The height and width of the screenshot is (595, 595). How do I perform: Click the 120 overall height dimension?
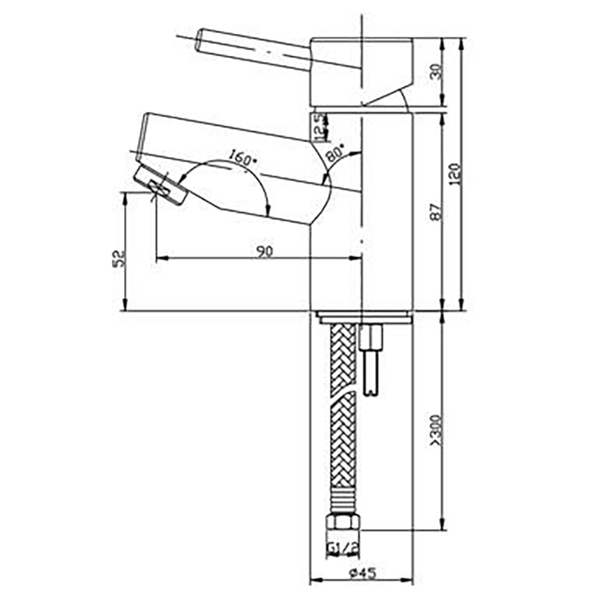[x=455, y=174]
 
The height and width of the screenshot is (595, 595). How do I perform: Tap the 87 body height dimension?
[x=437, y=211]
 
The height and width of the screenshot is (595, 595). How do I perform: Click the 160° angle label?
[x=240, y=158]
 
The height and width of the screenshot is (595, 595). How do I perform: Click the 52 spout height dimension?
[x=120, y=257]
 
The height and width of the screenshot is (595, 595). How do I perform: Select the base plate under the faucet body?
[x=363, y=317]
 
